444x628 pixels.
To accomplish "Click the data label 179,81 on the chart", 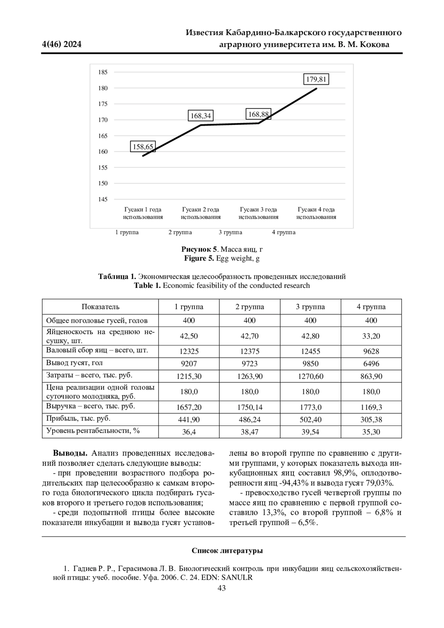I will [x=317, y=79].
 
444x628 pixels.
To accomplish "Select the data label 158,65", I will [x=143, y=147].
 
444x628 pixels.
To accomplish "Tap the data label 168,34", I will [x=201, y=116].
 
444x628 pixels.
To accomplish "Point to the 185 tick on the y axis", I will [x=103, y=72].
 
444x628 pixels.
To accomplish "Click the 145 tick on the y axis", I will [x=103, y=199].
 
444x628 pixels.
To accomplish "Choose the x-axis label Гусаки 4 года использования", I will [x=316, y=214].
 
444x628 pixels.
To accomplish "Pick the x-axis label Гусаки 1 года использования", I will [x=143, y=214].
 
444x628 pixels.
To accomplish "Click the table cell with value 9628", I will [x=371, y=352].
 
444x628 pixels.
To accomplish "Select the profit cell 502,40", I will [x=310, y=420].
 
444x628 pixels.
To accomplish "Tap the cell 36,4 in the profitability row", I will [x=189, y=432].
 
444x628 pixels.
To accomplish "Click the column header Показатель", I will [x=100, y=307].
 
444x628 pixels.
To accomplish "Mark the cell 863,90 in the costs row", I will [x=371, y=376].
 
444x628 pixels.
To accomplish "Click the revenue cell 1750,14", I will [x=249, y=407].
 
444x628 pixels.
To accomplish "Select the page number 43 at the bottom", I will [x=222, y=588].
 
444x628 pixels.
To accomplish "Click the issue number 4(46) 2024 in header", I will [x=62, y=45].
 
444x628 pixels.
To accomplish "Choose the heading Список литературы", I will [x=227, y=551].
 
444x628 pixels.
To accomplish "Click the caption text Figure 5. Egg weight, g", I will [x=222, y=258].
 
